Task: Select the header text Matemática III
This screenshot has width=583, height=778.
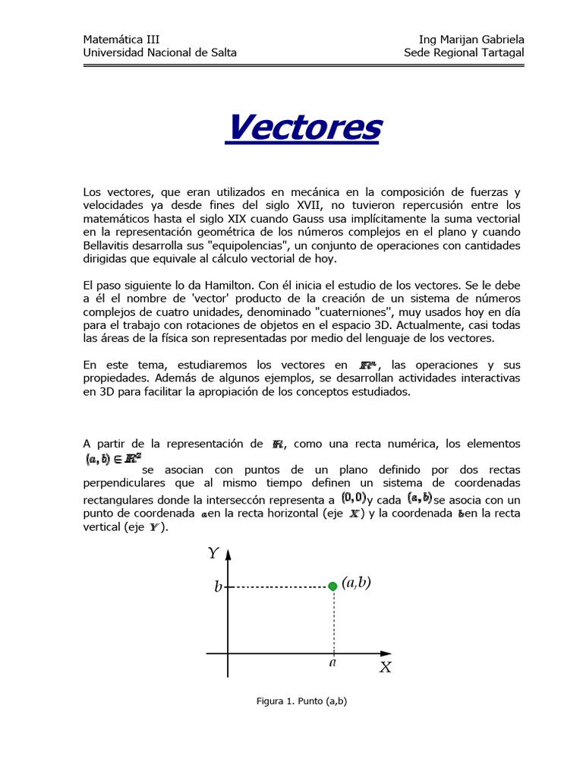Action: point(121,40)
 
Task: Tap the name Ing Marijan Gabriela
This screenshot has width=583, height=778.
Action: point(471,40)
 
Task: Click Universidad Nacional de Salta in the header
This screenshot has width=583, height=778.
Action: point(159,52)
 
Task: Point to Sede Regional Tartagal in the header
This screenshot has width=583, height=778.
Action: point(464,52)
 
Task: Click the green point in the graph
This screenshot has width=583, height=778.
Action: point(332,586)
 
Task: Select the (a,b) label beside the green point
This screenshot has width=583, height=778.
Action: point(356,583)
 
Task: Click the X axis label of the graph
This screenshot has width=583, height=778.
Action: point(386,667)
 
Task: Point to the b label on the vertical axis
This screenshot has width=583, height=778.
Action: point(218,587)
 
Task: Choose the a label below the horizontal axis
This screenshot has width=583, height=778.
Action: point(332,662)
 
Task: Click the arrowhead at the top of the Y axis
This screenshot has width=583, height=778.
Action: point(227,553)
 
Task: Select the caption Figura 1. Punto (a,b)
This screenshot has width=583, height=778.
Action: point(301,701)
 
